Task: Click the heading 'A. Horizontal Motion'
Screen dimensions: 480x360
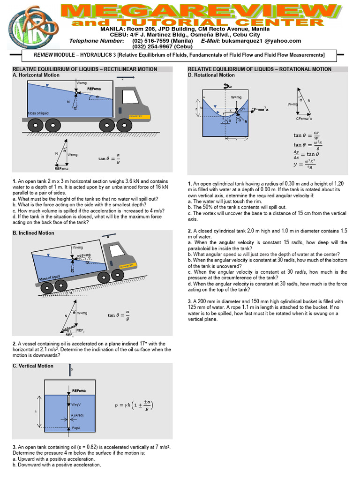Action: tap(36, 75)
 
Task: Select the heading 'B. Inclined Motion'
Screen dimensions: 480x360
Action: tap(33, 233)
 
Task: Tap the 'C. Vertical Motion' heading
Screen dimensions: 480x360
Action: tap(33, 366)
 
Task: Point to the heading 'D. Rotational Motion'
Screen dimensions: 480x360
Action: tap(211, 75)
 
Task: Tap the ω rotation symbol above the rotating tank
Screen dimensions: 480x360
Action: tap(229, 86)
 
